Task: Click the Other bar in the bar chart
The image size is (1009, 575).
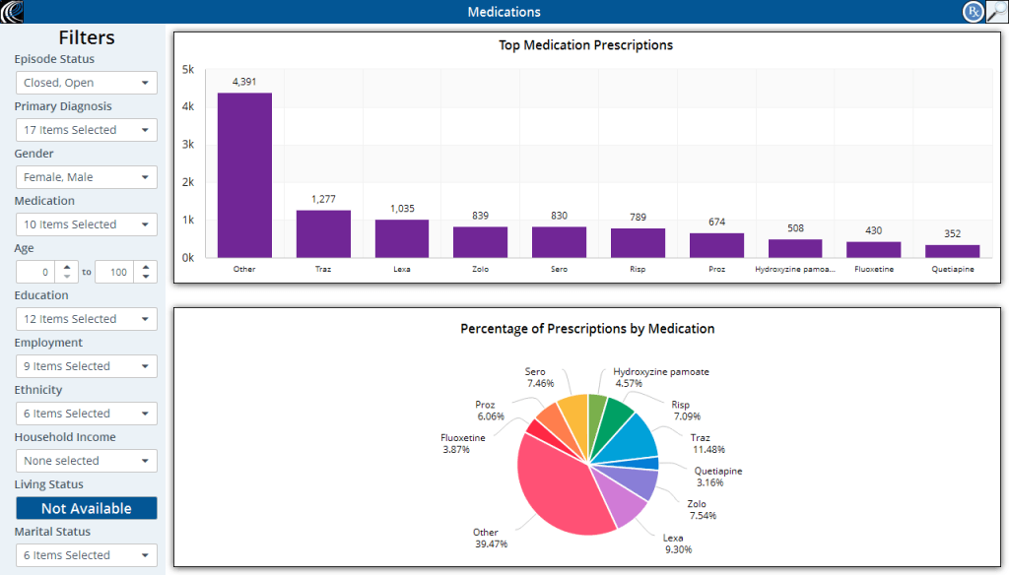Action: tap(244, 175)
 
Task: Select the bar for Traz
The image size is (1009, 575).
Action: tap(323, 234)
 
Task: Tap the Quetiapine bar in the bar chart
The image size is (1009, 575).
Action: tap(952, 251)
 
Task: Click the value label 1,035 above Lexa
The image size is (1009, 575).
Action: tap(402, 209)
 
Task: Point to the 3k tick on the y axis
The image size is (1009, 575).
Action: tap(187, 145)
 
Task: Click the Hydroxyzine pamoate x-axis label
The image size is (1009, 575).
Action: tap(795, 269)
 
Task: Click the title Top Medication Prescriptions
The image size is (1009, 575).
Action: tap(585, 45)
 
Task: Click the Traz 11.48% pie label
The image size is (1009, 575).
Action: tap(700, 444)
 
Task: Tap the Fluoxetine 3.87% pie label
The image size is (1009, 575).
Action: tap(462, 443)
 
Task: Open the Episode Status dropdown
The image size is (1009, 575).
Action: tap(87, 83)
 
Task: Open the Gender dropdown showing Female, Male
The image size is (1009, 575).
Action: tap(87, 177)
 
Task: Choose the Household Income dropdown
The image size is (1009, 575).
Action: tap(87, 461)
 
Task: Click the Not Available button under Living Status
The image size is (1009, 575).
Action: tap(87, 508)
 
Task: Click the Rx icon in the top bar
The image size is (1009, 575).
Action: tap(973, 12)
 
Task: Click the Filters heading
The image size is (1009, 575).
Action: tap(87, 37)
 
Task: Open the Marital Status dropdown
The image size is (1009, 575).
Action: tap(87, 555)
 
